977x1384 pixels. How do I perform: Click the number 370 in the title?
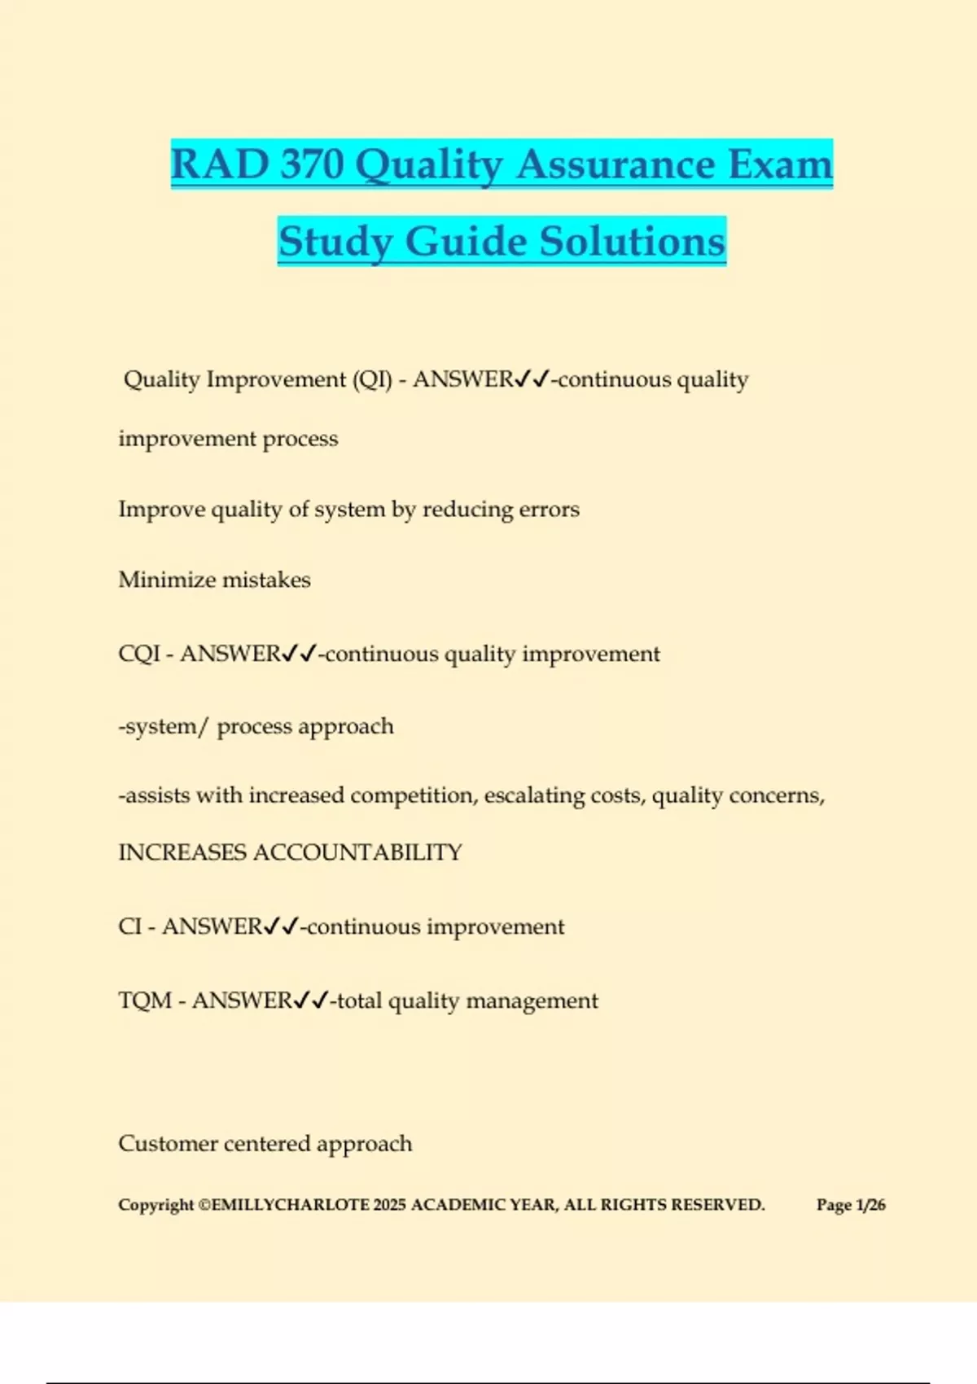(x=312, y=164)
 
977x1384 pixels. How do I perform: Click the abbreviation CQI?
(x=138, y=654)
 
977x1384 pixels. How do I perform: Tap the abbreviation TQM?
(x=145, y=1000)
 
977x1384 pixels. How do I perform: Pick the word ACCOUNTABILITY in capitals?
(x=357, y=852)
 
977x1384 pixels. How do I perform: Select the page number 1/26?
(x=871, y=1205)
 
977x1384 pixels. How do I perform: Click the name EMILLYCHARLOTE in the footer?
(x=290, y=1205)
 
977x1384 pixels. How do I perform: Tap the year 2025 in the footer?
(x=389, y=1205)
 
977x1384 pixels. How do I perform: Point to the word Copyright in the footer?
(x=156, y=1205)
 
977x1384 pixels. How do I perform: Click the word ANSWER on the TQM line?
(x=242, y=1000)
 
